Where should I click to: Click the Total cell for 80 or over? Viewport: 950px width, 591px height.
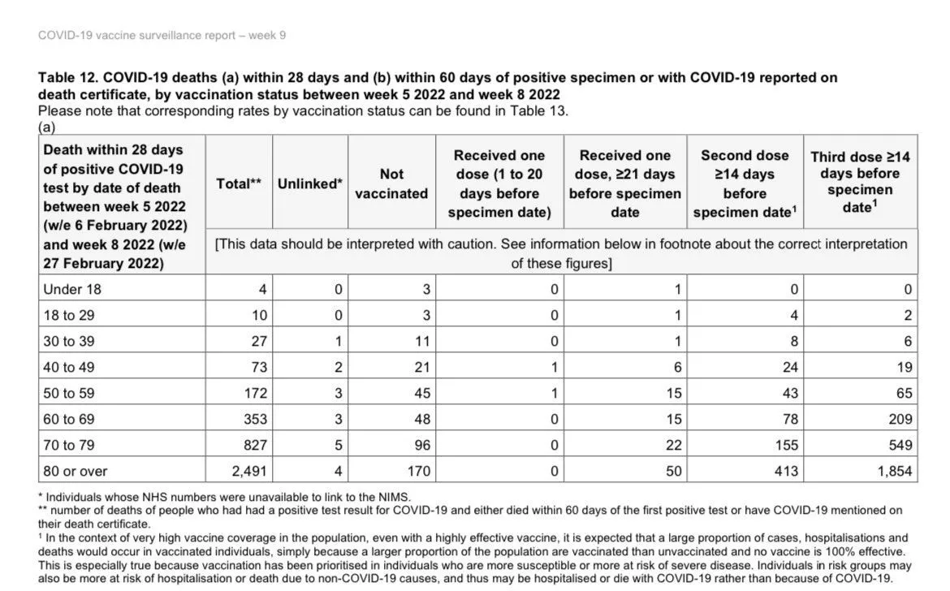[x=248, y=471]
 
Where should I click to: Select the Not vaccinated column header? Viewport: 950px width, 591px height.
[x=391, y=184]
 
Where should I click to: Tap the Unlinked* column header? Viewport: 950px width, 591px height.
[x=310, y=183]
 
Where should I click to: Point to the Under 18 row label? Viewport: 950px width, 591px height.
[x=72, y=289]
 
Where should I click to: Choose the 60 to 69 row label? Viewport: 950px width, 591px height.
[x=69, y=419]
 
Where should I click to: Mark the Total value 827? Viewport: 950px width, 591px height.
[x=255, y=445]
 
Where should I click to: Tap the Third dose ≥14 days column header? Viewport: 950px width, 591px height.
[x=860, y=182]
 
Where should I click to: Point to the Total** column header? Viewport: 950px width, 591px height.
[x=239, y=183]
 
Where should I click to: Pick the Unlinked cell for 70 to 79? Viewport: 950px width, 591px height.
[x=338, y=445]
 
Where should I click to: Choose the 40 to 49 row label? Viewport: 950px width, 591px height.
[x=69, y=367]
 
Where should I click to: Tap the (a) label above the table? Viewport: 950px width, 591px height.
[x=47, y=127]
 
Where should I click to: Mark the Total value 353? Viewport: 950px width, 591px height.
[x=255, y=419]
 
